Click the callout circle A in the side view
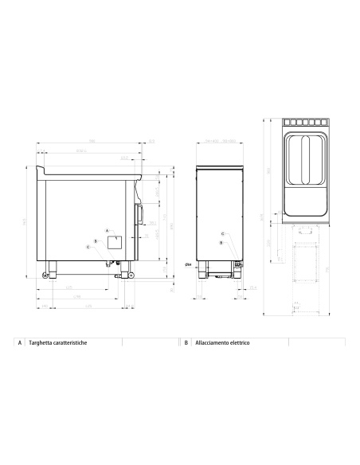click(x=108, y=229)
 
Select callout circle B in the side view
click(x=96, y=240)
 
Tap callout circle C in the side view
click(x=88, y=247)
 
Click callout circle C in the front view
click(x=222, y=233)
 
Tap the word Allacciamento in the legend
click(x=213, y=342)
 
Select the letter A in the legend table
click(x=19, y=342)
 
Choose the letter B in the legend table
click(x=186, y=342)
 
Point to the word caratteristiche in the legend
click(x=72, y=342)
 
